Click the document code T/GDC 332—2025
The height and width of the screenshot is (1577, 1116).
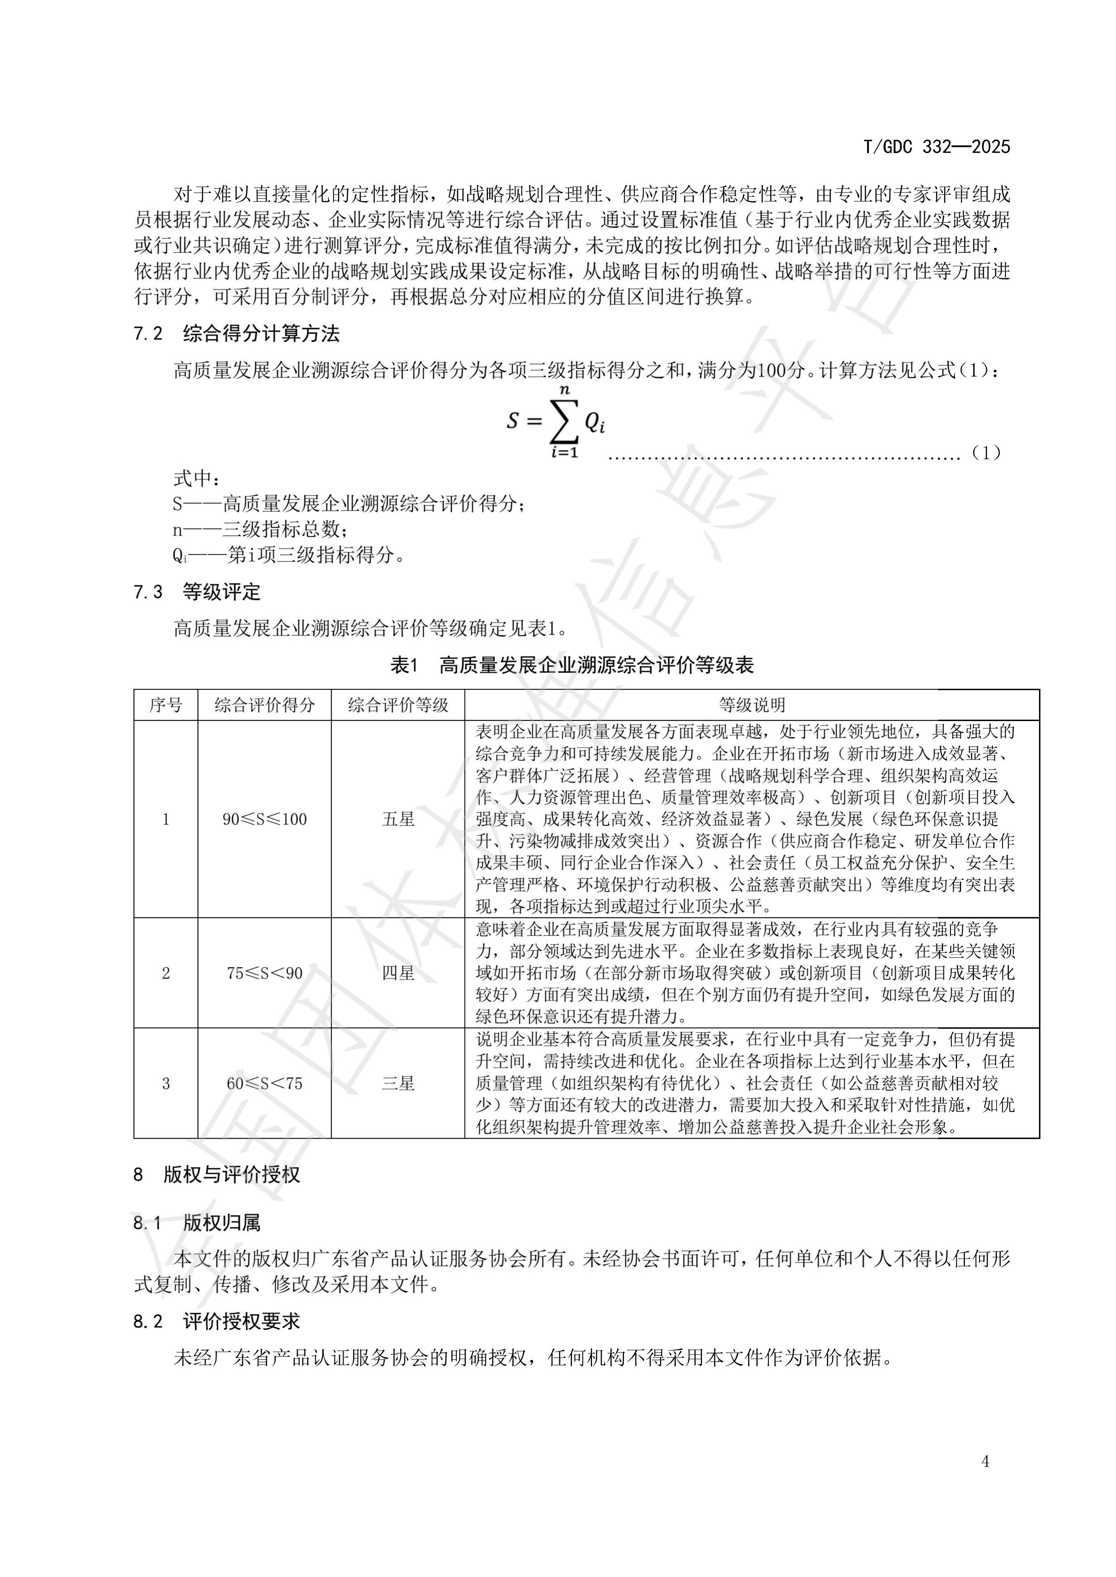936,147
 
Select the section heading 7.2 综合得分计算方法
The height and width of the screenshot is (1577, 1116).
237,334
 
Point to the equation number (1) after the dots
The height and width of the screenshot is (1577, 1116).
986,453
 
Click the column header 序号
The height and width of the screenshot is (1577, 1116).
166,705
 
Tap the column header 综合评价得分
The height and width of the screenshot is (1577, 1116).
265,705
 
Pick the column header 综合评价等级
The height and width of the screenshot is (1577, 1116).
398,705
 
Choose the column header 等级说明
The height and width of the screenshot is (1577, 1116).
752,705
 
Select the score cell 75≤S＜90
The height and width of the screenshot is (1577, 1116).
265,973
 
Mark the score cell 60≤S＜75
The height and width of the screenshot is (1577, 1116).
265,1084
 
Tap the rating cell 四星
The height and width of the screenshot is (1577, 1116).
398,973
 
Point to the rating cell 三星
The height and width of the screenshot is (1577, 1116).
398,1084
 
